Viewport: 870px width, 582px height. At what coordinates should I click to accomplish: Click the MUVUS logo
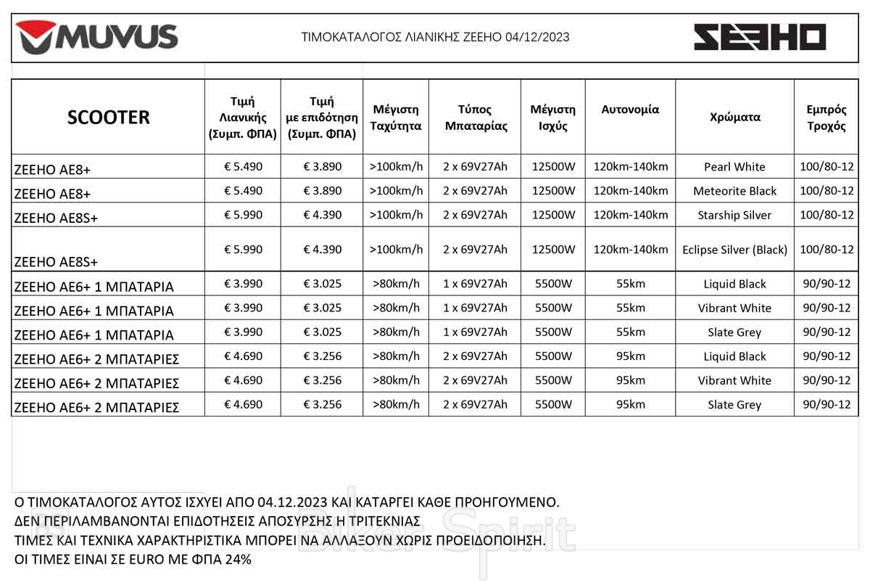tap(97, 37)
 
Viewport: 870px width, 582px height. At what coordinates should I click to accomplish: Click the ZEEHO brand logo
tap(760, 37)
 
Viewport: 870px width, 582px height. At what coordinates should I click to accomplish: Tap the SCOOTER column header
tap(108, 117)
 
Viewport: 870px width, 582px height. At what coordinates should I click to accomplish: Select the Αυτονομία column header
tap(630, 110)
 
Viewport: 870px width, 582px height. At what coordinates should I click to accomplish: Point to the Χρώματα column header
tap(734, 117)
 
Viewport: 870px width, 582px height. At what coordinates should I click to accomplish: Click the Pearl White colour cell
tap(734, 167)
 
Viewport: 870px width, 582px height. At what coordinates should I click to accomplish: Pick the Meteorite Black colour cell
tap(734, 191)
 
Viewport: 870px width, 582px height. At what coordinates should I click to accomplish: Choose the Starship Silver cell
tap(734, 215)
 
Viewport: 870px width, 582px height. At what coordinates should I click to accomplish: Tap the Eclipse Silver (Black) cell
tap(734, 250)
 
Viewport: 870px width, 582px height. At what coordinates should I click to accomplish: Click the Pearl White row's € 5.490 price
tap(244, 166)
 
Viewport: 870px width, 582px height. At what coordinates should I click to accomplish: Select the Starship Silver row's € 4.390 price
tap(322, 215)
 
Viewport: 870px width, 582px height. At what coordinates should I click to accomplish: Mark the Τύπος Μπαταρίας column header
tap(475, 118)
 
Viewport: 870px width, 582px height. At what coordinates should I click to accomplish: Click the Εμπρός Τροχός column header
tap(826, 118)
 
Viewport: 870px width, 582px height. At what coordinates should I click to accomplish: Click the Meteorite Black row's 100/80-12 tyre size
tap(826, 191)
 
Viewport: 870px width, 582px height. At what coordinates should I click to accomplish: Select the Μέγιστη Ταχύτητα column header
tap(396, 118)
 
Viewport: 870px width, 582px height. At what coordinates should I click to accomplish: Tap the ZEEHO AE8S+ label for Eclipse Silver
tap(56, 261)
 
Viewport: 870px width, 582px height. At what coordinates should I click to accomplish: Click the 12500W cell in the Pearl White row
tap(553, 166)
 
